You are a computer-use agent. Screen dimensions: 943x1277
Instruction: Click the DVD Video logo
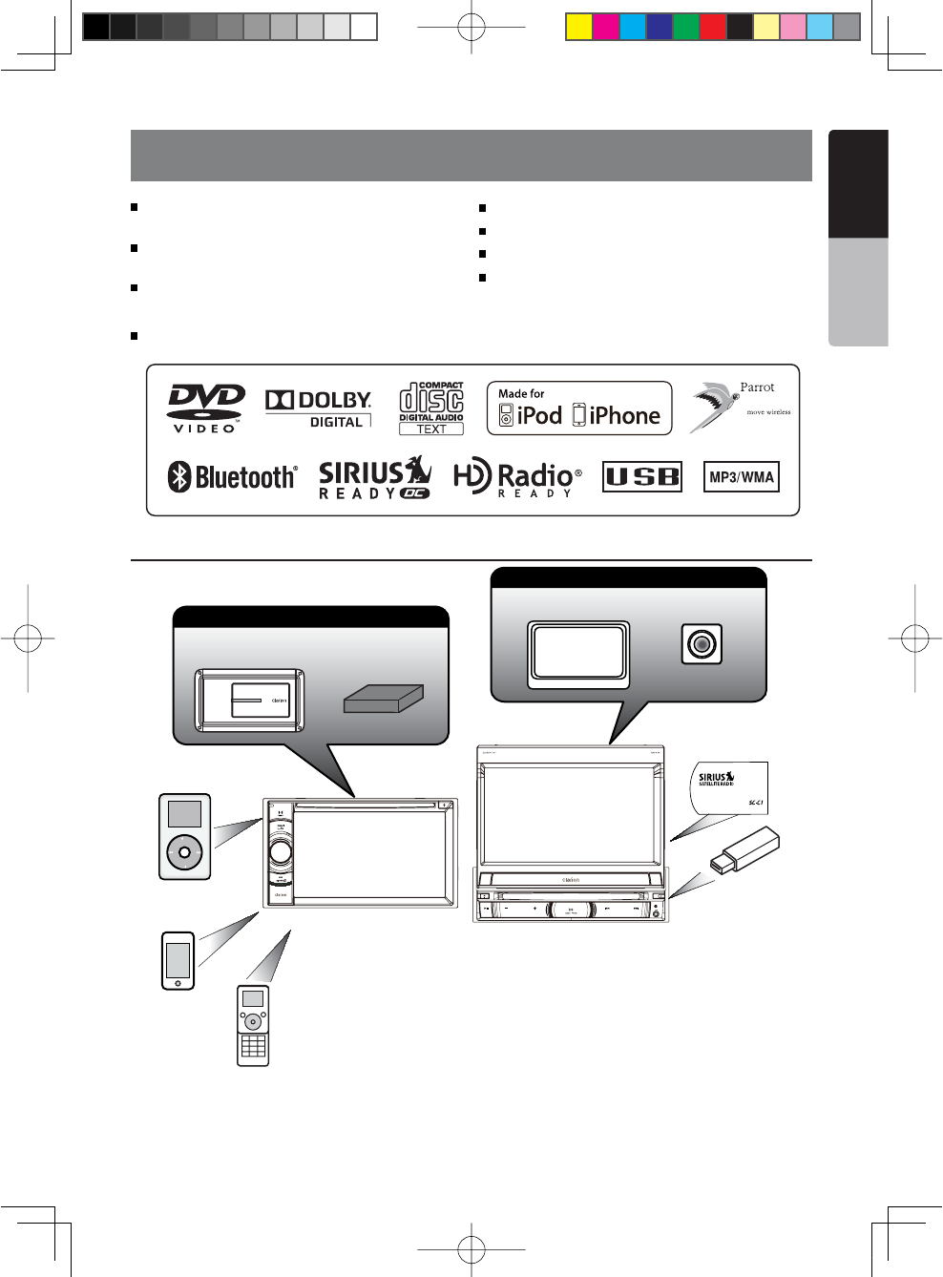click(206, 408)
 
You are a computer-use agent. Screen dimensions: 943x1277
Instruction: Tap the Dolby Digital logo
click(318, 408)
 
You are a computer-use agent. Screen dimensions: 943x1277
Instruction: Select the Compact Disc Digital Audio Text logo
click(431, 408)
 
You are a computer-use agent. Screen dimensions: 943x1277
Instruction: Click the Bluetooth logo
click(232, 476)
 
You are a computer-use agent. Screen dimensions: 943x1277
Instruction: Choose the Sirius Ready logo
click(374, 477)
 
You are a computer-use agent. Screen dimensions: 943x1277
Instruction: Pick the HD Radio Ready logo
click(516, 477)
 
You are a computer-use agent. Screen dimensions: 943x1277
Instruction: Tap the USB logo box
click(642, 476)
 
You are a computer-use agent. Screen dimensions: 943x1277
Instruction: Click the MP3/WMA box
click(742, 477)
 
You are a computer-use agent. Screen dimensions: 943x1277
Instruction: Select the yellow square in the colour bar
click(578, 27)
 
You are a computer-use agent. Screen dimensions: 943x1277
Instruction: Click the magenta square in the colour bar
click(605, 27)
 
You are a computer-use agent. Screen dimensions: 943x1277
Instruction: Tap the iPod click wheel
click(184, 851)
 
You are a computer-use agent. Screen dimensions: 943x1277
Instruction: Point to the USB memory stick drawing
click(745, 850)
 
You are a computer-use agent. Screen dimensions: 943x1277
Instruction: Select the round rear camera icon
click(702, 644)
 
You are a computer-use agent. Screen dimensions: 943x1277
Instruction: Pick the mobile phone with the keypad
click(253, 1025)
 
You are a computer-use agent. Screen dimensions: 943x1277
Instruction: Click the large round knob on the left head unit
click(281, 851)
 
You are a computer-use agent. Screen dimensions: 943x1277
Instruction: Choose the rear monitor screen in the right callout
click(578, 654)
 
